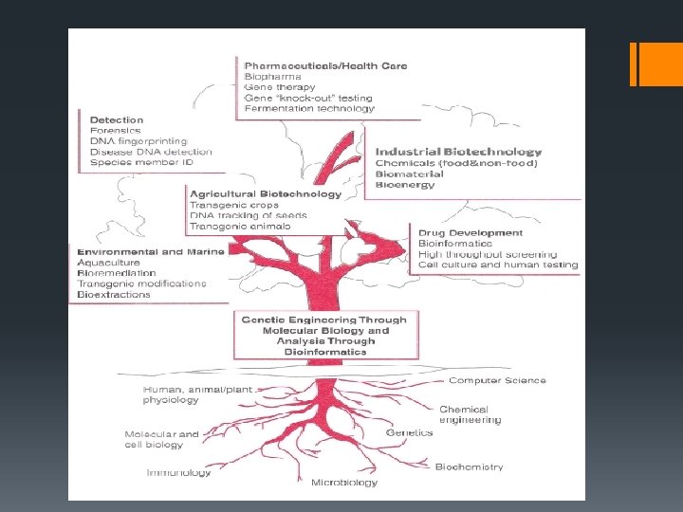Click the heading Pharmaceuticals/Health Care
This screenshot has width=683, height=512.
tap(325, 65)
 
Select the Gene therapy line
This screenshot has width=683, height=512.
tap(280, 87)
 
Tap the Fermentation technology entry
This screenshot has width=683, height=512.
tap(309, 109)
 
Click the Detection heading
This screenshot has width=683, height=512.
tap(117, 120)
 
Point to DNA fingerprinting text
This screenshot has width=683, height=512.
tap(138, 141)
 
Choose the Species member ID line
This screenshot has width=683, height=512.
tap(141, 163)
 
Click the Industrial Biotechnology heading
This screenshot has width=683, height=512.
tap(458, 152)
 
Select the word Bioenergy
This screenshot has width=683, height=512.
tap(405, 185)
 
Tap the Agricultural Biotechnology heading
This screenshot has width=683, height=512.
tap(266, 194)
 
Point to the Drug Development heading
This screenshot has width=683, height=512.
tap(471, 232)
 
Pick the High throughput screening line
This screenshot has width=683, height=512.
tap(482, 254)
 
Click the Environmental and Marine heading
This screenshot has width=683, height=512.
tap(151, 252)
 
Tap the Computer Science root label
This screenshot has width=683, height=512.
tap(497, 380)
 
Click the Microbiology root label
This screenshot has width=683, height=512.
tap(344, 483)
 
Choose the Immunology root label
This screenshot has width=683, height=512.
tap(179, 472)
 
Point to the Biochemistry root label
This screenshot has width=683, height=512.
tap(469, 466)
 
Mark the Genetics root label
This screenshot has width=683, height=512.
tap(410, 432)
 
